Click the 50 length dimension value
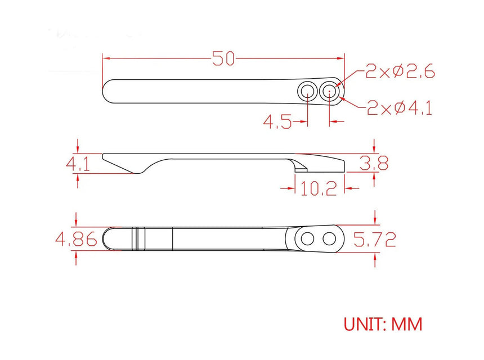coord(223,58)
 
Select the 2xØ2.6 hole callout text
coord(400,71)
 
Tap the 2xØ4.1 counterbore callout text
coord(400,108)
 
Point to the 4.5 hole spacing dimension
coord(277,121)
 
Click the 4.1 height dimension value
coord(78,164)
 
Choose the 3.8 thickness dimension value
coord(374,163)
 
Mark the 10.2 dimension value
coord(319,188)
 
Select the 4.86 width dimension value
coord(76,239)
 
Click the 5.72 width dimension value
coord(374,240)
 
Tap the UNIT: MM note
coord(383,324)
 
